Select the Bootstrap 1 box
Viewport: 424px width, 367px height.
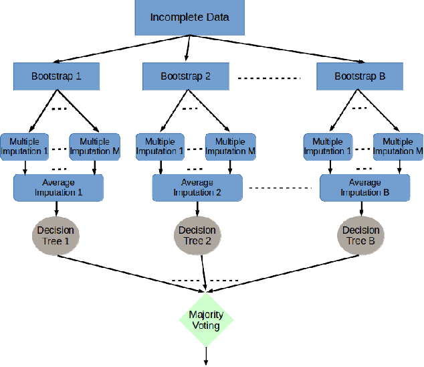[x=56, y=76]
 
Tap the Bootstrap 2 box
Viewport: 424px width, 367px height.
[x=185, y=76]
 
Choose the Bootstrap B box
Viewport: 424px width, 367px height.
[x=360, y=76]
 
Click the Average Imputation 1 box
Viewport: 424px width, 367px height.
[x=58, y=188]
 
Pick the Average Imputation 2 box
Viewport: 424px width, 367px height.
[x=197, y=188]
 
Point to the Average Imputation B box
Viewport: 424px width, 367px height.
[x=364, y=188]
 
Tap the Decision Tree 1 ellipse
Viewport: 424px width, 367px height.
[x=57, y=235]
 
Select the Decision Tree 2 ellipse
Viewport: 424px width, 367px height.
[x=197, y=235]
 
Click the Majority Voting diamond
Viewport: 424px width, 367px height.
[x=206, y=319]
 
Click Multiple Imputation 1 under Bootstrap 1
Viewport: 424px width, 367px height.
[x=24, y=146]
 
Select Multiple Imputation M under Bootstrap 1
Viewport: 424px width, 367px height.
[x=98, y=146]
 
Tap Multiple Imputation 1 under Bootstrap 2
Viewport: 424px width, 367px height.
[x=160, y=146]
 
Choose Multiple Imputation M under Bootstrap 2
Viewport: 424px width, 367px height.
[x=230, y=146]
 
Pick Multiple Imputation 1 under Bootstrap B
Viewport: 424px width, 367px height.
[x=327, y=146]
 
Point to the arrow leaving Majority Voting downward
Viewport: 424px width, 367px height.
[x=206, y=356]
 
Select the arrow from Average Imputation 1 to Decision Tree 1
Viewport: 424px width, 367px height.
[x=57, y=209]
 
